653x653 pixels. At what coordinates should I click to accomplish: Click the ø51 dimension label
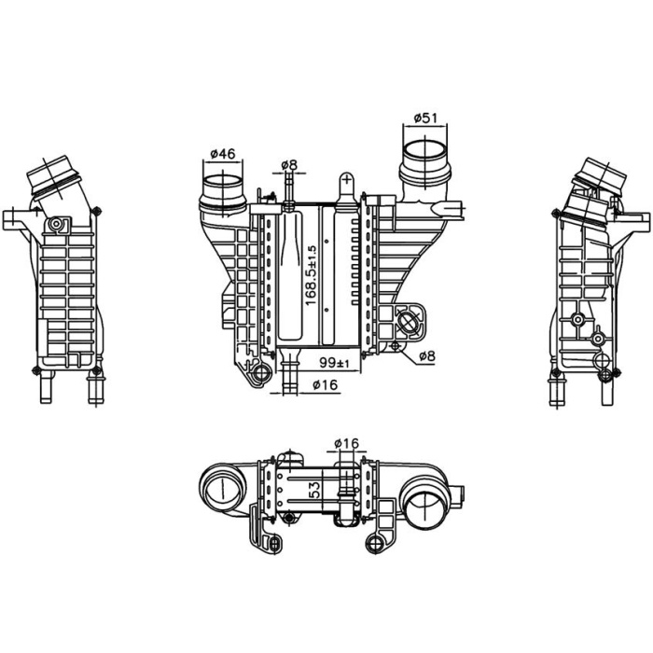tap(425, 118)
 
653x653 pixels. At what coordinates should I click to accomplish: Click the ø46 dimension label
tap(223, 154)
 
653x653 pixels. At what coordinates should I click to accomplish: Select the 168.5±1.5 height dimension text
tap(311, 275)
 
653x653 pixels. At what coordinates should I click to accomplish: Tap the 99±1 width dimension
tap(334, 363)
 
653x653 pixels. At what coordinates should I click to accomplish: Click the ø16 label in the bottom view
tap(346, 443)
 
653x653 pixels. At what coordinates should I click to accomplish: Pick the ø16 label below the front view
tap(326, 385)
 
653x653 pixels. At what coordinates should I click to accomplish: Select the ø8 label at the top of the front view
tap(289, 165)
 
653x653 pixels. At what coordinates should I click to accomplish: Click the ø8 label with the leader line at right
tap(427, 355)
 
